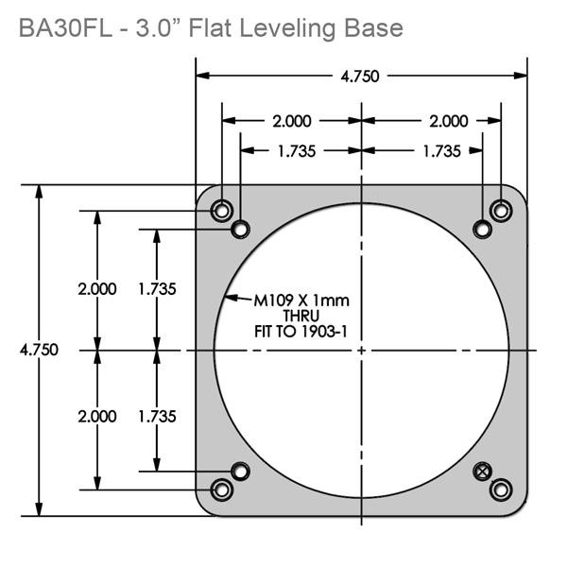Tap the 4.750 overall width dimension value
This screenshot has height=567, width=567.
tap(361, 77)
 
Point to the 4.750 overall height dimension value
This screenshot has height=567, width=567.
tap(39, 350)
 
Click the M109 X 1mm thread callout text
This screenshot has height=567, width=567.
tap(301, 301)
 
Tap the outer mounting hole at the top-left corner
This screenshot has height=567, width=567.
tap(222, 209)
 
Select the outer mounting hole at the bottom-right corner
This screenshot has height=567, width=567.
tap(501, 489)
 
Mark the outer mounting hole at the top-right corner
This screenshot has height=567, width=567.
tap(501, 209)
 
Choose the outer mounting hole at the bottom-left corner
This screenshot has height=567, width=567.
tap(222, 489)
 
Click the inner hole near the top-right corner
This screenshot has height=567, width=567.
tap(483, 229)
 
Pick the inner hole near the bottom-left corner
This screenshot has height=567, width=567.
tap(241, 471)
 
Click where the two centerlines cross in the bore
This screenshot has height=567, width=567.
tap(362, 350)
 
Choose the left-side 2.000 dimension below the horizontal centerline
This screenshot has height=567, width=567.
tap(97, 416)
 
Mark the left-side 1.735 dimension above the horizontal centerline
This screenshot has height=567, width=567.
tap(157, 289)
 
